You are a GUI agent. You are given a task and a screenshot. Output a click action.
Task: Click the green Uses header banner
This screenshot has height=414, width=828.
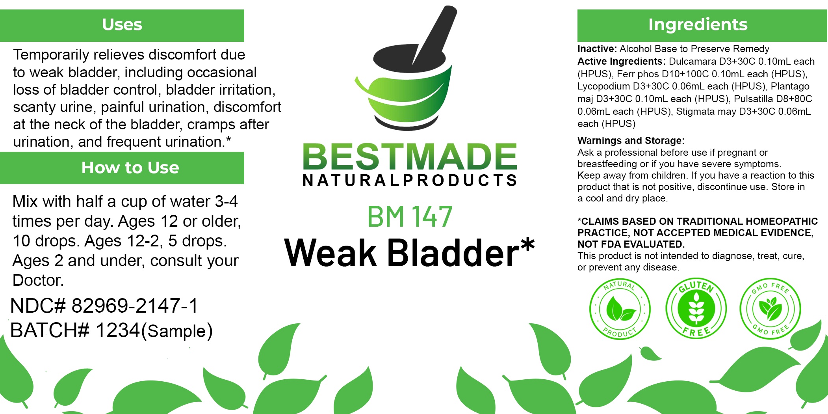point(122,25)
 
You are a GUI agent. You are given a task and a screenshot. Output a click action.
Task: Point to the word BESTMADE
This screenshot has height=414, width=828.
point(410,157)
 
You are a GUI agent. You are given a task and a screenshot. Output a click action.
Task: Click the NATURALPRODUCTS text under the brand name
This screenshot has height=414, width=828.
point(410,181)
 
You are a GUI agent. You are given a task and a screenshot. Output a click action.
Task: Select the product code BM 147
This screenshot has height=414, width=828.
point(410,216)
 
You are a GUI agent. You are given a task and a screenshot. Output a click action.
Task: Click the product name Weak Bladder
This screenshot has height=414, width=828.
point(409,252)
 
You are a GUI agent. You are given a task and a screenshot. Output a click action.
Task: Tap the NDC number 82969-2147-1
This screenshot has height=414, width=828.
point(135,306)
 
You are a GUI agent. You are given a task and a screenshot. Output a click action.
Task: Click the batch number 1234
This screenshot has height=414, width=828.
point(118,330)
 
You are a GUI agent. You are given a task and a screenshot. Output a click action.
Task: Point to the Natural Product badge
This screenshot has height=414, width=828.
point(620,309)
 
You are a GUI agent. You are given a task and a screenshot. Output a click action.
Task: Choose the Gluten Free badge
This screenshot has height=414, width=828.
point(696,308)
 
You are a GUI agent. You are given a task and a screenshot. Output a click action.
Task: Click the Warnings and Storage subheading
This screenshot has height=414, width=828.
point(631,140)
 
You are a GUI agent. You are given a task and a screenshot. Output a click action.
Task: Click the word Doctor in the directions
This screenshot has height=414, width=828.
point(38,280)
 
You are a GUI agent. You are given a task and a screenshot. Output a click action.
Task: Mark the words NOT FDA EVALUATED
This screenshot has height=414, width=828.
point(631,244)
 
